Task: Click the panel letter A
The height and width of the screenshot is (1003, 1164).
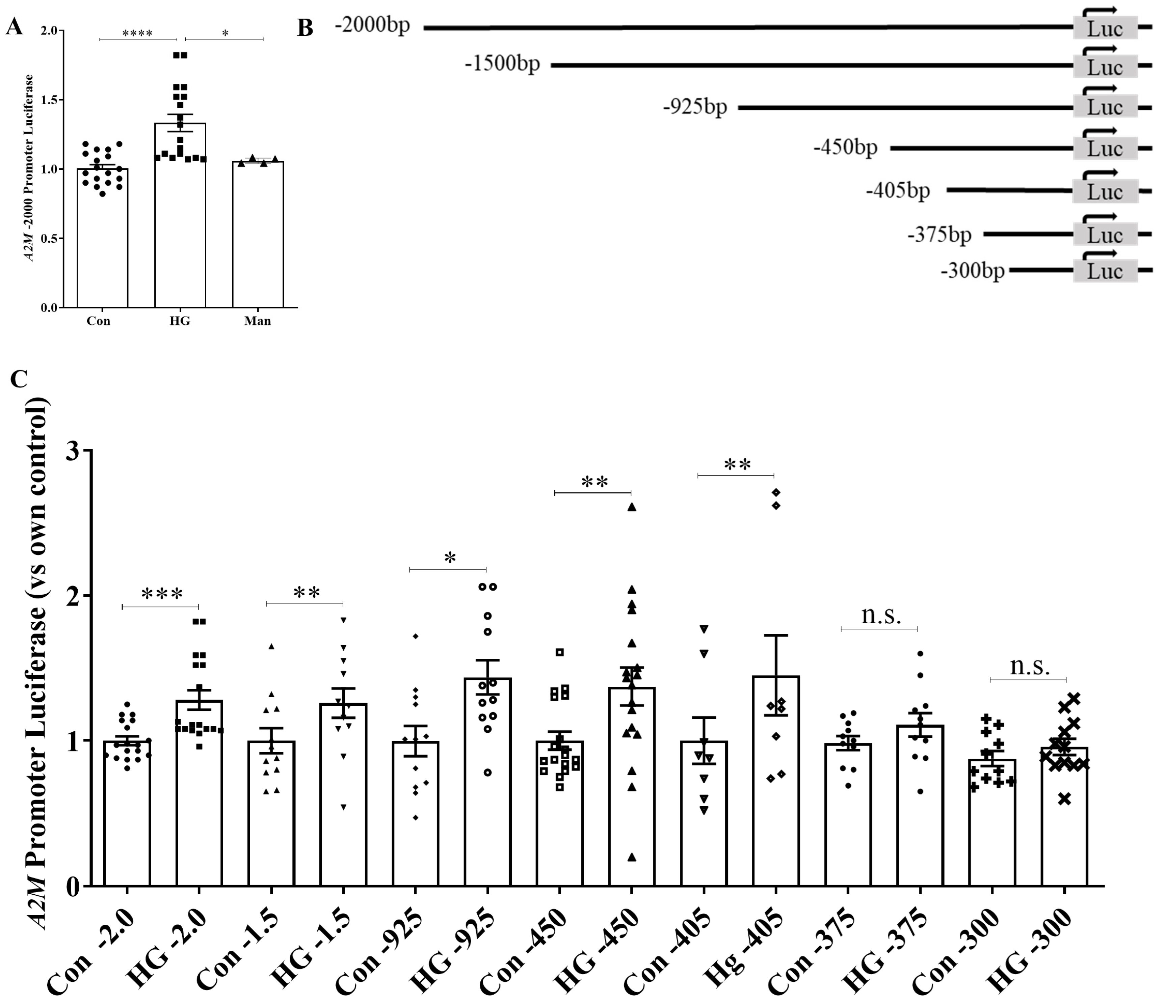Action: (x=14, y=26)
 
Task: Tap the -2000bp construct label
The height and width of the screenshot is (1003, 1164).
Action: (x=372, y=25)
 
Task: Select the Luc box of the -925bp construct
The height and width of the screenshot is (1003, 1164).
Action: (x=1105, y=107)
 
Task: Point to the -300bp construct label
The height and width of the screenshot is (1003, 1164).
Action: (x=973, y=271)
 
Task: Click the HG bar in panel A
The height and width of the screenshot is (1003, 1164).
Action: (x=180, y=219)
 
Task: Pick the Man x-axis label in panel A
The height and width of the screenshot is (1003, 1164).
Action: (x=257, y=321)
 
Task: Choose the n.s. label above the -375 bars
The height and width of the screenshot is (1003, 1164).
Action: (x=881, y=616)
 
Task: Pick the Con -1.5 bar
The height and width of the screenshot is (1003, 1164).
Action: (x=272, y=814)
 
